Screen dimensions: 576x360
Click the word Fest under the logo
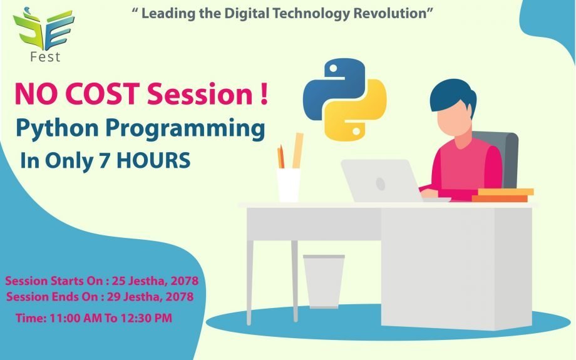(45, 58)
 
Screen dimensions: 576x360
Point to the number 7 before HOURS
(105, 160)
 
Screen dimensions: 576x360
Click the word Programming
(185, 130)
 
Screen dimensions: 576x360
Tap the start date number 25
(118, 281)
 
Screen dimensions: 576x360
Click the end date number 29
(113, 296)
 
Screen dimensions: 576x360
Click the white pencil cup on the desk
(289, 185)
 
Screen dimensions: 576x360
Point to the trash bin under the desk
(324, 281)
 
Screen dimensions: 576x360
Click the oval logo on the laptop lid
(381, 183)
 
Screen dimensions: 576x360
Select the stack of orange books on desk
(503, 195)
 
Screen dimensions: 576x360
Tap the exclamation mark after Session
(264, 94)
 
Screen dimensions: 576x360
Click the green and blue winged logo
(44, 29)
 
